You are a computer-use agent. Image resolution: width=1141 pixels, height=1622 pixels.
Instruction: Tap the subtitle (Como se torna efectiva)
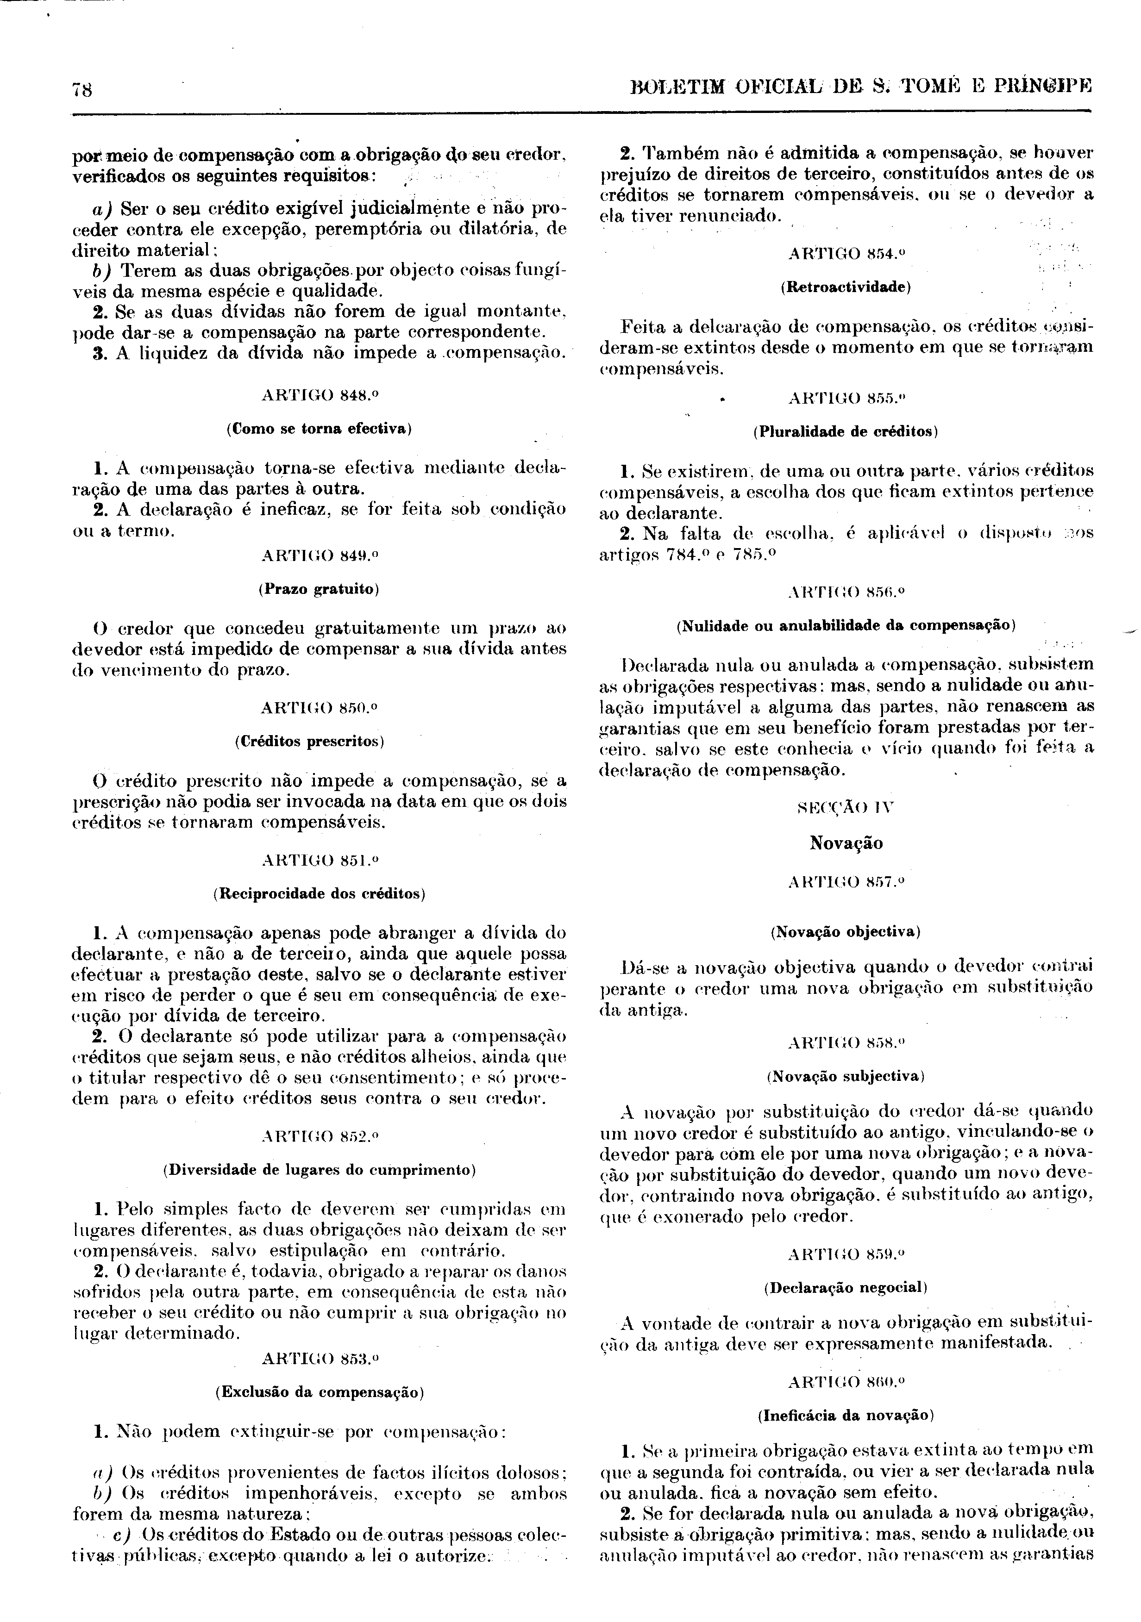tap(320, 428)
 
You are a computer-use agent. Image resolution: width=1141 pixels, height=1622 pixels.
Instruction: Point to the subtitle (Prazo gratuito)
tap(320, 588)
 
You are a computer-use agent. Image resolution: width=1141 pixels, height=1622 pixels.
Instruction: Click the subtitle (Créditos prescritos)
tap(320, 741)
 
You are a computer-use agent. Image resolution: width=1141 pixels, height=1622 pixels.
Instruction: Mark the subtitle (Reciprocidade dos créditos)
tap(320, 894)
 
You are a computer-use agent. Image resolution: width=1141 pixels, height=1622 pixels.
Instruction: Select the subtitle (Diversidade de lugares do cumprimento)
tap(320, 1169)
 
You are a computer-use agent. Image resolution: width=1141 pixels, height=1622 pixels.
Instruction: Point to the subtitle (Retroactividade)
tap(846, 287)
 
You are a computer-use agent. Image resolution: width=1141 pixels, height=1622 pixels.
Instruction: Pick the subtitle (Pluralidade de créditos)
tap(846, 431)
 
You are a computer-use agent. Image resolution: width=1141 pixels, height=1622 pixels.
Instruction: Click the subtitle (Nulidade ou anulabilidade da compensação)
tap(846, 625)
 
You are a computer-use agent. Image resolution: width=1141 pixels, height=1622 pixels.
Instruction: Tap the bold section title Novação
tap(846, 843)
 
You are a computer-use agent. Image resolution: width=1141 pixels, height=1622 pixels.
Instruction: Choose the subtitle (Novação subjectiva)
tap(846, 1076)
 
